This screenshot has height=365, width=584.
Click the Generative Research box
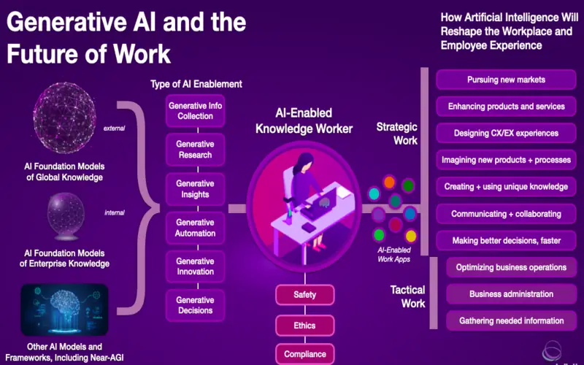click(195, 150)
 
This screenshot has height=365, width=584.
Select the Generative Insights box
click(195, 189)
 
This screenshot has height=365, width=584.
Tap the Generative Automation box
click(195, 228)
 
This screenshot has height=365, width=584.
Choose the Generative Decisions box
click(195, 305)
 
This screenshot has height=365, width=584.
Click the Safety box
click(304, 295)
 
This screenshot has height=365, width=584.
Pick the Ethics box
click(304, 326)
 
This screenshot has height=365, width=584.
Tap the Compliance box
click(304, 354)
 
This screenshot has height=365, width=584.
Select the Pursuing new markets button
click(506, 80)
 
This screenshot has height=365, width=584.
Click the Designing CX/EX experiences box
click(506, 134)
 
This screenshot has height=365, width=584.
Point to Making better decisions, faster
click(506, 241)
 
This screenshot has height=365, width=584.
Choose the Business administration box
click(512, 294)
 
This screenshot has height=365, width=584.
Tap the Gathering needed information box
click(512, 321)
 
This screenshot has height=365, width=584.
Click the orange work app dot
click(389, 182)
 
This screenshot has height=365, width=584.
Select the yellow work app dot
click(410, 236)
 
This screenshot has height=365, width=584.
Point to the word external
click(115, 128)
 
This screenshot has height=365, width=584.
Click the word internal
click(115, 212)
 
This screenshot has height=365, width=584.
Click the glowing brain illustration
click(64, 310)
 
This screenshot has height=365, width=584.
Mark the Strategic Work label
click(397, 134)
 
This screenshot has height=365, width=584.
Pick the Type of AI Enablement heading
click(196, 84)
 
